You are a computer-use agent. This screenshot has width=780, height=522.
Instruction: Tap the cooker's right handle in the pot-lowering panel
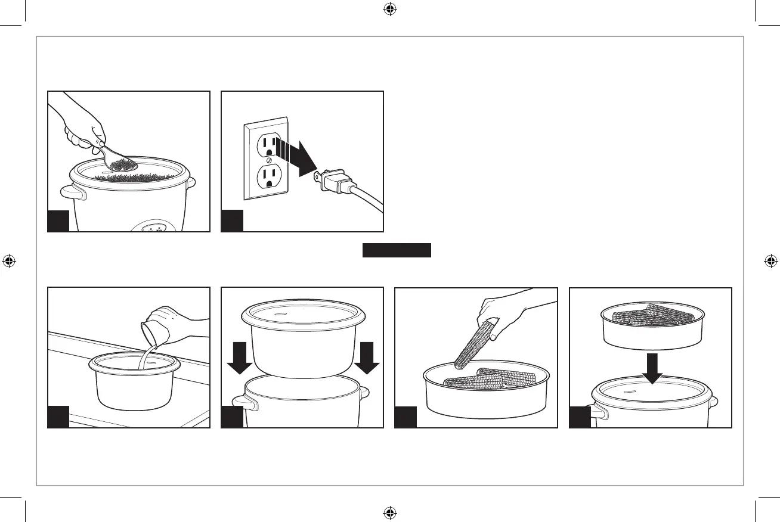(363, 393)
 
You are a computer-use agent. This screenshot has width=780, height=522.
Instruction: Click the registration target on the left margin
(9, 261)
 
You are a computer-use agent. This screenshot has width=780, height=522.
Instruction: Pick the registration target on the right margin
(770, 261)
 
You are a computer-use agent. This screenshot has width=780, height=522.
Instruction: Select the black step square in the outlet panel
(232, 220)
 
